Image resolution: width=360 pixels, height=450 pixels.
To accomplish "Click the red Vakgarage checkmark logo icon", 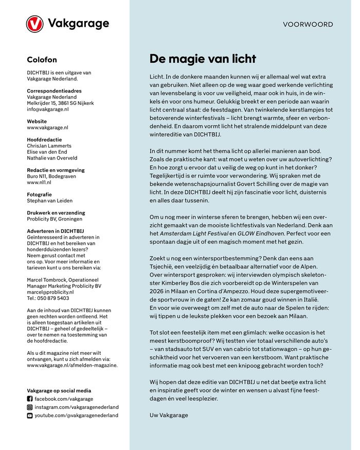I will point(35,24).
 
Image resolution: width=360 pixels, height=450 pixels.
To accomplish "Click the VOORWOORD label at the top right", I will point(308,24).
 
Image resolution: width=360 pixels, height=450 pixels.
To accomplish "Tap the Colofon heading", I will point(42,60).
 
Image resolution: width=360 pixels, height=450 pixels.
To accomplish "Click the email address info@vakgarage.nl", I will point(48,110).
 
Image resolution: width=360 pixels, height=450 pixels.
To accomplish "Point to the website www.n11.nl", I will point(39,183).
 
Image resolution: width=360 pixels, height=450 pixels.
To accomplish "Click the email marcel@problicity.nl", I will point(50,292).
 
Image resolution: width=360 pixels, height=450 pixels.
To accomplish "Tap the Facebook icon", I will point(29,399).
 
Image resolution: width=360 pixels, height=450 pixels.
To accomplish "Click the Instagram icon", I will point(29,407).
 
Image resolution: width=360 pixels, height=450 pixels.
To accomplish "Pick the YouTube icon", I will point(29,415).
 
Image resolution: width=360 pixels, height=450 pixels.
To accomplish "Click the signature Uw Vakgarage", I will point(169,415).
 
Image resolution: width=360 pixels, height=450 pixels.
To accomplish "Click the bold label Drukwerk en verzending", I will point(56,212).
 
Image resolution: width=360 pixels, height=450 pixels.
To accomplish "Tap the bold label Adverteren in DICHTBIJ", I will point(55,231).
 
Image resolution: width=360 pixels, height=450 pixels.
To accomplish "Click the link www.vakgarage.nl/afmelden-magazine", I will point(72,365).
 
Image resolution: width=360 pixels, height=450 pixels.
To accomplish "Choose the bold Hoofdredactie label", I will point(45,139).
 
